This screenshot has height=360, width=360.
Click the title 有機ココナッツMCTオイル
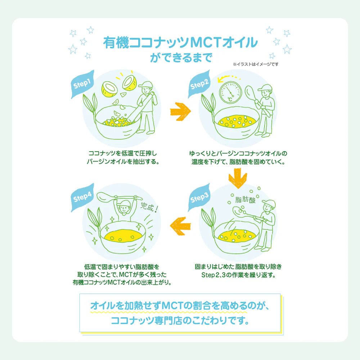(180, 43)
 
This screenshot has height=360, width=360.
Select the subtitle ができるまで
(180, 58)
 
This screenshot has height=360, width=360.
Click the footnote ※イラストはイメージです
(256, 64)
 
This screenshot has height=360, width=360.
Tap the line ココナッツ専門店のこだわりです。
(180, 320)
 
